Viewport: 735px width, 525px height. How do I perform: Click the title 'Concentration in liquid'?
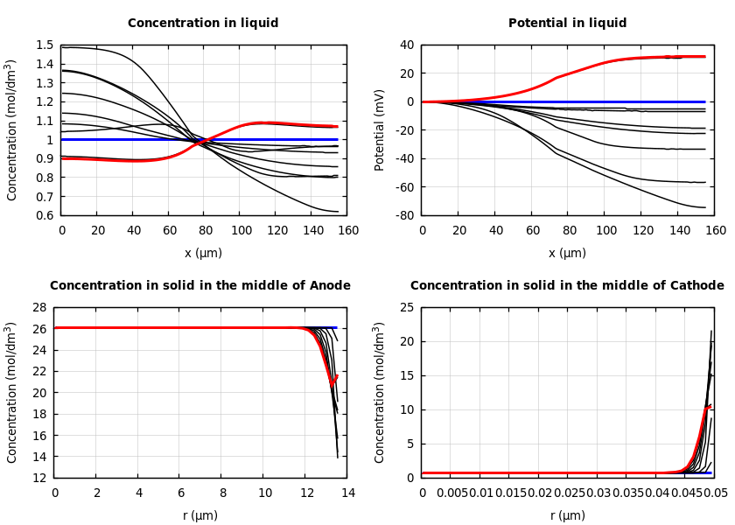coord(203,24)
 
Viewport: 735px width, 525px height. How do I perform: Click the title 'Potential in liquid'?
coord(567,24)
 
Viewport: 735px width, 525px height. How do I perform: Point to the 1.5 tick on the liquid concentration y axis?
coord(45,45)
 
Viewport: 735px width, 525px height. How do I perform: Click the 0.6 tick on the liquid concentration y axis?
coord(45,215)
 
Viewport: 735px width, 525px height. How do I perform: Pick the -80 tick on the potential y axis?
coord(403,215)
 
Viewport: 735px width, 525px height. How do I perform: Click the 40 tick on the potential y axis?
coord(407,45)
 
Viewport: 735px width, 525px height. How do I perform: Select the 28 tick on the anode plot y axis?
coord(38,308)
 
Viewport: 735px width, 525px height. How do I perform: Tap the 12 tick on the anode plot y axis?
coord(38,478)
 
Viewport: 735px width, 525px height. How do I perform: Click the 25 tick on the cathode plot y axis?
coord(407,308)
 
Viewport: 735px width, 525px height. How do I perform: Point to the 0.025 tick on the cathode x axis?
coord(570,493)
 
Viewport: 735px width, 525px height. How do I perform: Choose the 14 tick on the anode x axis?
coord(347,493)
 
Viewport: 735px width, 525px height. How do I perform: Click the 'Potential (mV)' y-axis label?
coord(380,129)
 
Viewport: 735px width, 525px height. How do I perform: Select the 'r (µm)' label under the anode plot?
coord(200,516)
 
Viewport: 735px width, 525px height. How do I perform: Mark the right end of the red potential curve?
coord(705,57)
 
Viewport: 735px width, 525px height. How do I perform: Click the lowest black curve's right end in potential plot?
coord(705,207)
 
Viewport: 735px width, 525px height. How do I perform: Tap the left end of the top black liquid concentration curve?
coord(62,47)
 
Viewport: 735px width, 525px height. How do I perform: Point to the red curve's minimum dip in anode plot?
coord(332,385)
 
